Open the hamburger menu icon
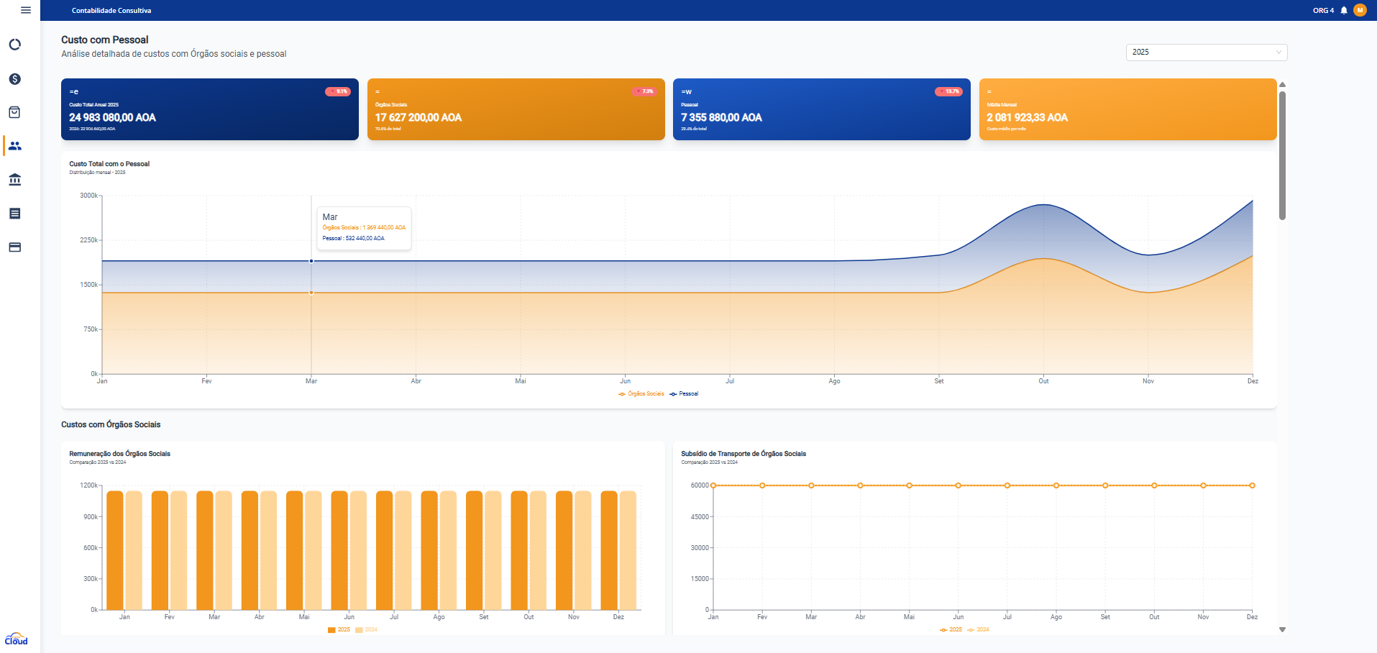pyautogui.click(x=26, y=10)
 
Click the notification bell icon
pyautogui.click(x=1344, y=10)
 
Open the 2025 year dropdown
pyautogui.click(x=1206, y=52)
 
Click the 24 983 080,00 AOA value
pyautogui.click(x=112, y=117)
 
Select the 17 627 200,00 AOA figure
pyautogui.click(x=418, y=117)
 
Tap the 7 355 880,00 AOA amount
pyautogui.click(x=721, y=117)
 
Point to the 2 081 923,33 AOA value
pyautogui.click(x=1027, y=117)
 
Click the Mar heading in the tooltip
pyautogui.click(x=330, y=217)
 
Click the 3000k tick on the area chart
pyautogui.click(x=88, y=196)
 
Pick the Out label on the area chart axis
pyautogui.click(x=1043, y=381)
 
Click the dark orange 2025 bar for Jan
pyautogui.click(x=115, y=550)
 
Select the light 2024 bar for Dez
pyautogui.click(x=628, y=550)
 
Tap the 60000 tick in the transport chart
pyautogui.click(x=699, y=485)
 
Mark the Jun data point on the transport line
pyautogui.click(x=958, y=485)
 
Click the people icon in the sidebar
pyautogui.click(x=14, y=146)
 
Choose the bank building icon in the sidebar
pyautogui.click(x=14, y=180)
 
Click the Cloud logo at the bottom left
pyautogui.click(x=16, y=639)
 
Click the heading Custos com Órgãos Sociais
pyautogui.click(x=111, y=425)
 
